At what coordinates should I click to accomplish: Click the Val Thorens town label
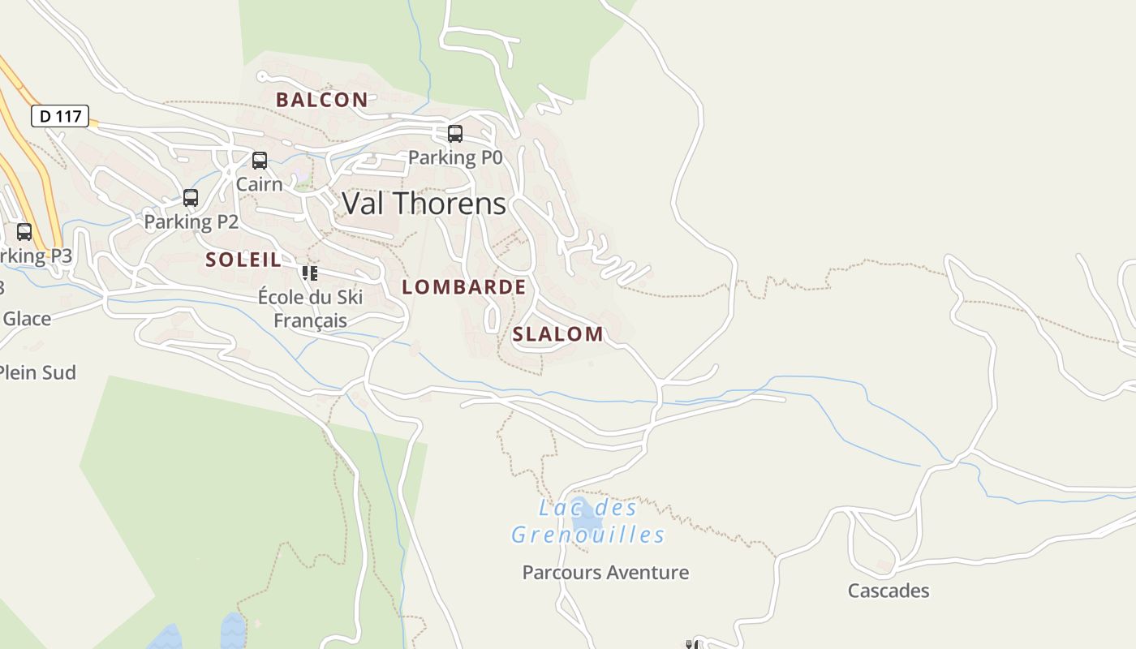point(424,204)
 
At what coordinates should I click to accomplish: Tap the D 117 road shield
point(60,116)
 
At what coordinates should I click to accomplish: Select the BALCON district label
point(321,100)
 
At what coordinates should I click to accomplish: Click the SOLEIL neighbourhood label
point(243,260)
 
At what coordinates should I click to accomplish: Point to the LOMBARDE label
point(463,287)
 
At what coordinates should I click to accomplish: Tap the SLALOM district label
point(557,334)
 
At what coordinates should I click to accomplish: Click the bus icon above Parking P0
point(455,134)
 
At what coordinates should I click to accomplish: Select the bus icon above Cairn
point(260,161)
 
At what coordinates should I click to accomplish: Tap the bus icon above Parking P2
point(191,198)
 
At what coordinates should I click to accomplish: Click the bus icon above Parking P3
point(24,232)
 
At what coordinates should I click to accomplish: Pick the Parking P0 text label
point(455,157)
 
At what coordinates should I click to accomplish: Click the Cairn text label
point(260,184)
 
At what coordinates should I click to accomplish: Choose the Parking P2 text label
point(191,221)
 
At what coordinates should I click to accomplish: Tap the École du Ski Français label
point(310,309)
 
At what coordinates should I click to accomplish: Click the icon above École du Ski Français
point(309,273)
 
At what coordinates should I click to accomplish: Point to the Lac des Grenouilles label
point(588,522)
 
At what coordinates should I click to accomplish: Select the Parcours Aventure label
point(605,573)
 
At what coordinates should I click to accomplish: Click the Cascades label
point(889,591)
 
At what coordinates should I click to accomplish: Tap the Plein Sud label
point(37,373)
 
